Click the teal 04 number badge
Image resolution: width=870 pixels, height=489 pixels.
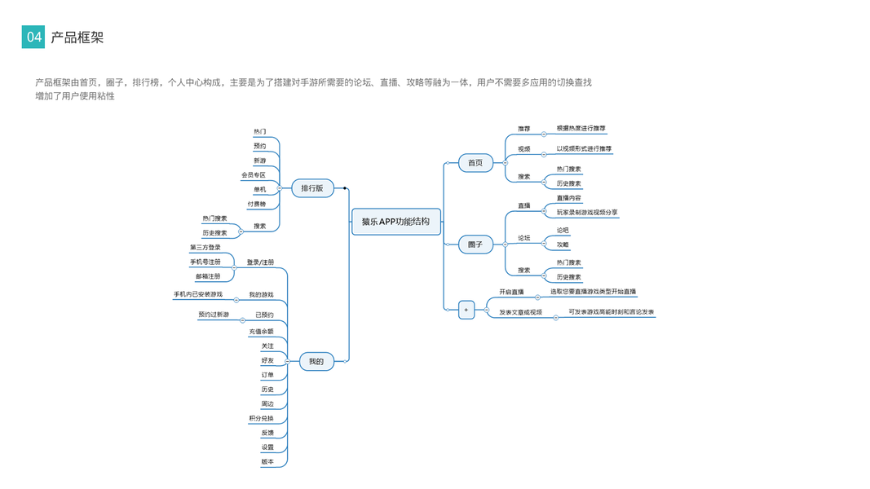33,37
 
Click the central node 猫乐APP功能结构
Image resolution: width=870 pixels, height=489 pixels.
396,222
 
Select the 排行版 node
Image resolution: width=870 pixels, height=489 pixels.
312,188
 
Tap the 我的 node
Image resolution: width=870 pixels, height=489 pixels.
316,361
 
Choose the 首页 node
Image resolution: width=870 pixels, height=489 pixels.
475,163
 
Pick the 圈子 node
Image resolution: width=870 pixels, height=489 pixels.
475,244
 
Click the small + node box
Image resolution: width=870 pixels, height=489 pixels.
466,310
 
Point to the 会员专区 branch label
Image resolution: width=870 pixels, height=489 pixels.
253,174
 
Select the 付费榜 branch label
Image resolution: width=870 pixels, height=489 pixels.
256,204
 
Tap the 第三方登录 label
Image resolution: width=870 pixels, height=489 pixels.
205,247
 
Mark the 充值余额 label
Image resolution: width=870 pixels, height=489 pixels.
261,332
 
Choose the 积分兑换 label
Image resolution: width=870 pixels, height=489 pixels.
261,418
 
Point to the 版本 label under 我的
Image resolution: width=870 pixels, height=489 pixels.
267,462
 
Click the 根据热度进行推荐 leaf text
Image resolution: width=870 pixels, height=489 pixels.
581,128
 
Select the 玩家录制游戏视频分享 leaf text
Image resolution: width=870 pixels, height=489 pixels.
587,212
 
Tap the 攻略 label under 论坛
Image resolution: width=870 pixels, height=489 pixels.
563,244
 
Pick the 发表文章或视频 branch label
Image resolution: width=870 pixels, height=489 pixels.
520,312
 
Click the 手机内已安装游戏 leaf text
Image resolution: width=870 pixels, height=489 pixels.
197,294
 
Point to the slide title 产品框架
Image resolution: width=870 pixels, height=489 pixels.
77,37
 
